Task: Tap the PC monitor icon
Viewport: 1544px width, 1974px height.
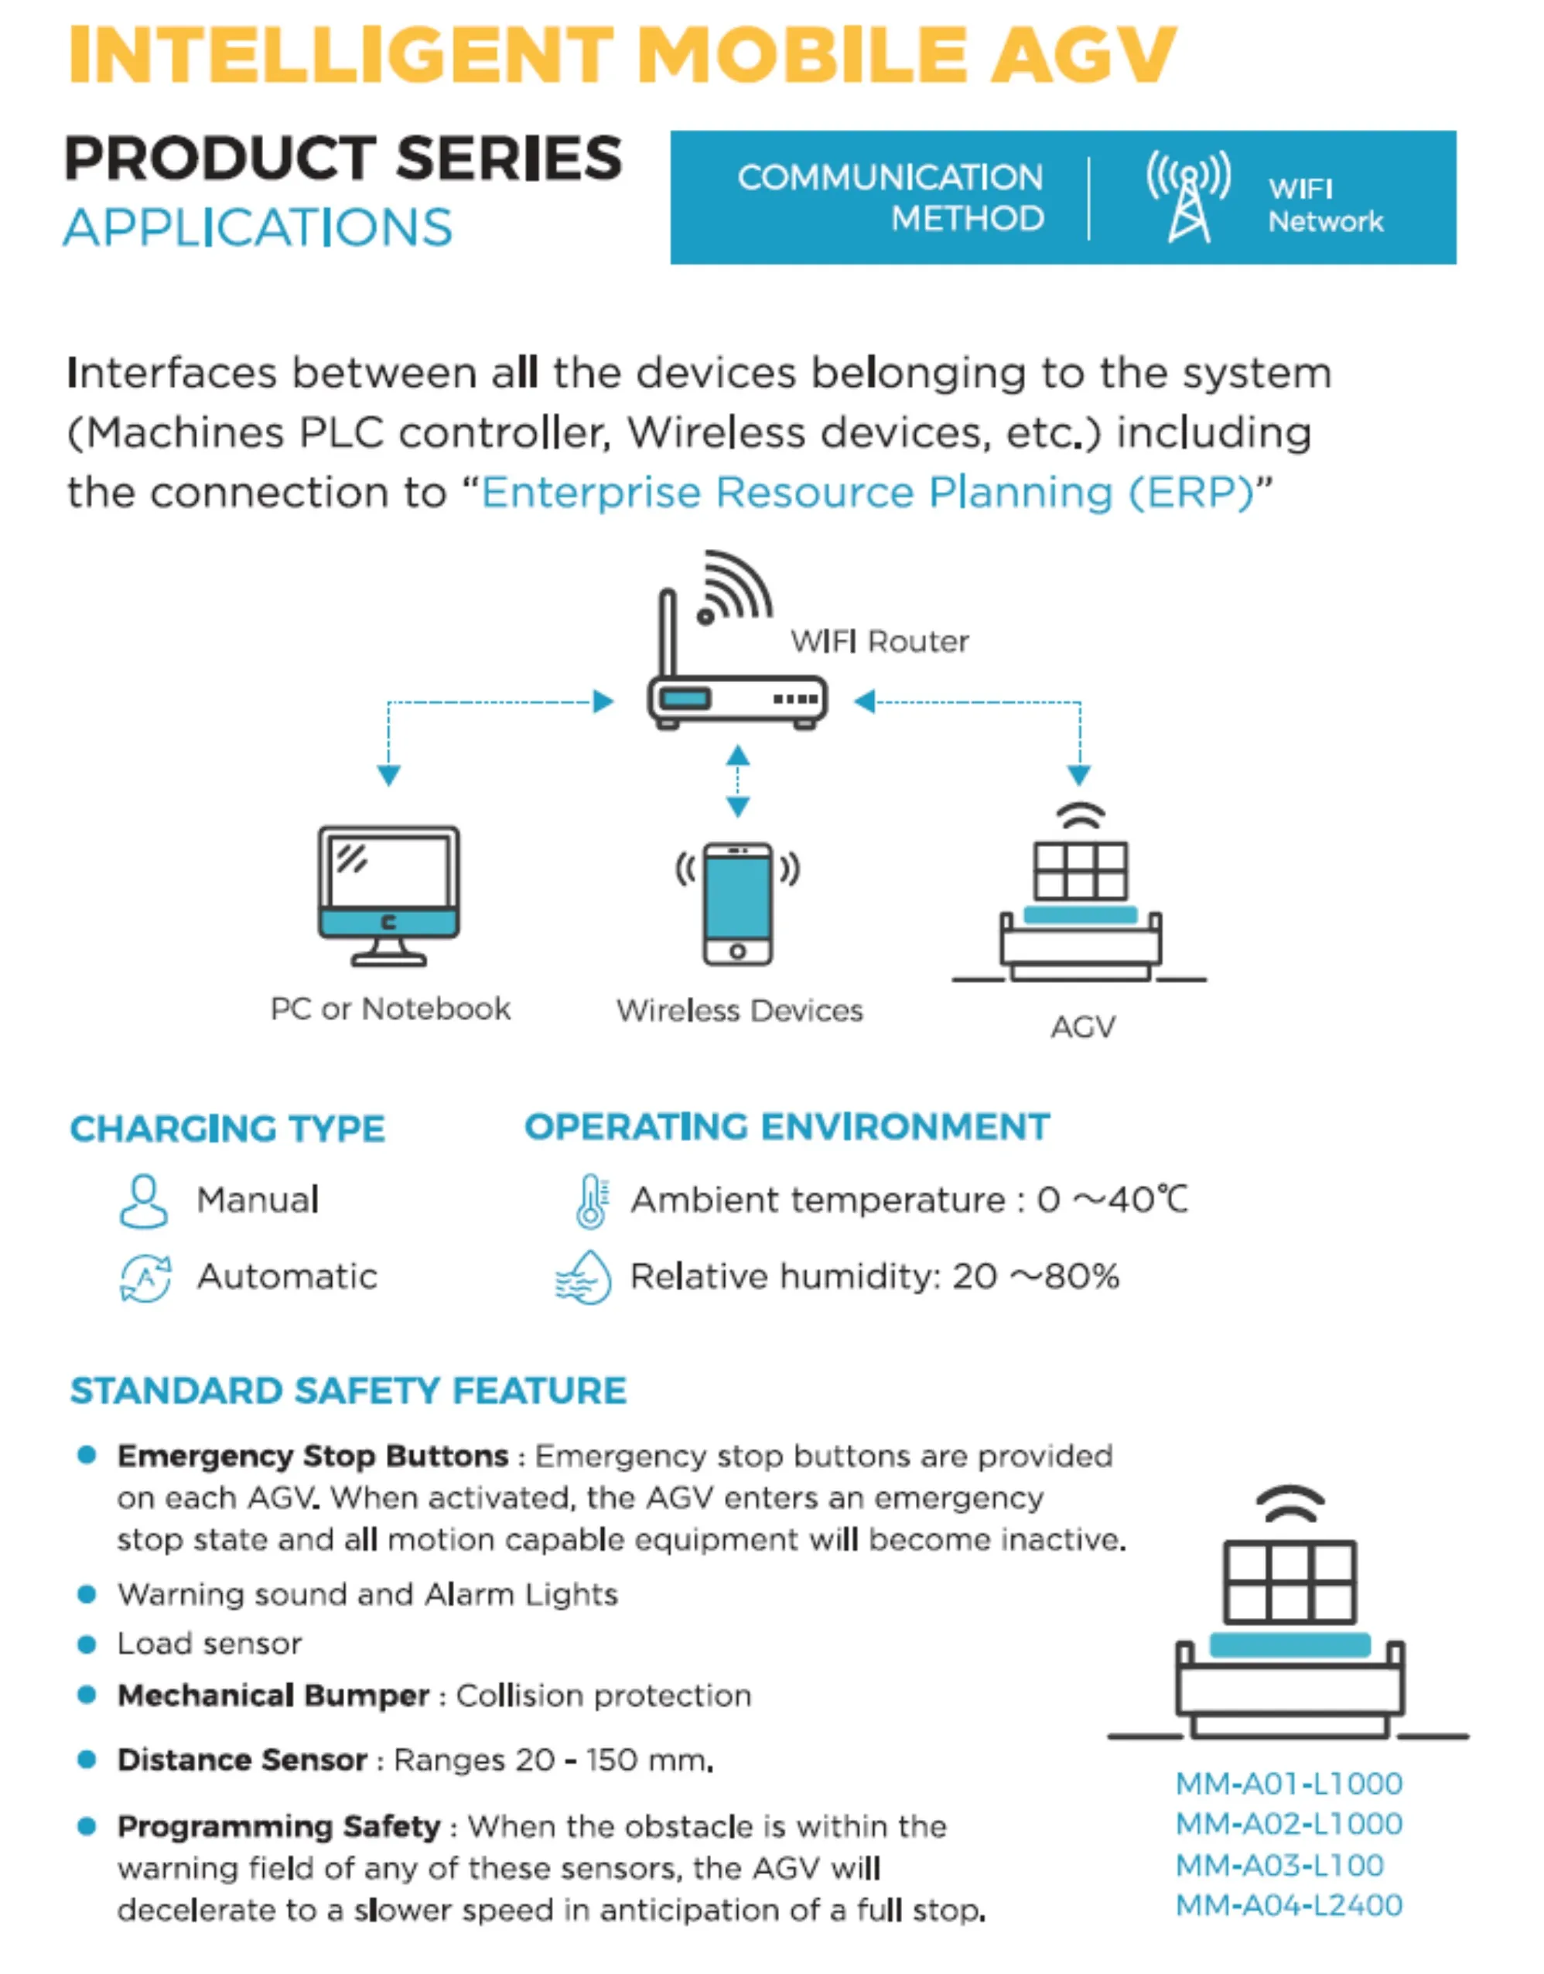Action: click(389, 895)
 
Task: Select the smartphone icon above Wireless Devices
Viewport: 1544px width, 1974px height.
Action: click(738, 903)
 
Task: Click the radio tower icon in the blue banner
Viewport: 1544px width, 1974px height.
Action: click(1189, 196)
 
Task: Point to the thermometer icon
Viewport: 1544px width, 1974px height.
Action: click(592, 1201)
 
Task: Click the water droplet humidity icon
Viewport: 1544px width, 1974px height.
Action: click(583, 1277)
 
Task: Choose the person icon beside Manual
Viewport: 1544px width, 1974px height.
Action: click(144, 1201)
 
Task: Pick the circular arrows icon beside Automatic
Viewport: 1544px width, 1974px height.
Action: click(145, 1278)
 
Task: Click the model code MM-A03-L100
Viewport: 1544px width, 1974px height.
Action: click(1279, 1865)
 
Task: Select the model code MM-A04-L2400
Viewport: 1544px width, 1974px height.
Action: click(1289, 1905)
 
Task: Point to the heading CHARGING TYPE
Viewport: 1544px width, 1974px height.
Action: click(227, 1129)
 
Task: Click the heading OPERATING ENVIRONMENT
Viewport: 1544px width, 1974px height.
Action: click(787, 1127)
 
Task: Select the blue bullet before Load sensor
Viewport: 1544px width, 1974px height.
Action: click(87, 1644)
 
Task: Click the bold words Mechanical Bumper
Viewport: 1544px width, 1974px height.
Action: click(273, 1696)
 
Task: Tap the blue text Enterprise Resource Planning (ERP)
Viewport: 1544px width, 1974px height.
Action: click(868, 493)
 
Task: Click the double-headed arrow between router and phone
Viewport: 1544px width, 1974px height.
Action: click(738, 781)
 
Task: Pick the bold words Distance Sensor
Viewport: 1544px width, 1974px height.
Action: click(242, 1760)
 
